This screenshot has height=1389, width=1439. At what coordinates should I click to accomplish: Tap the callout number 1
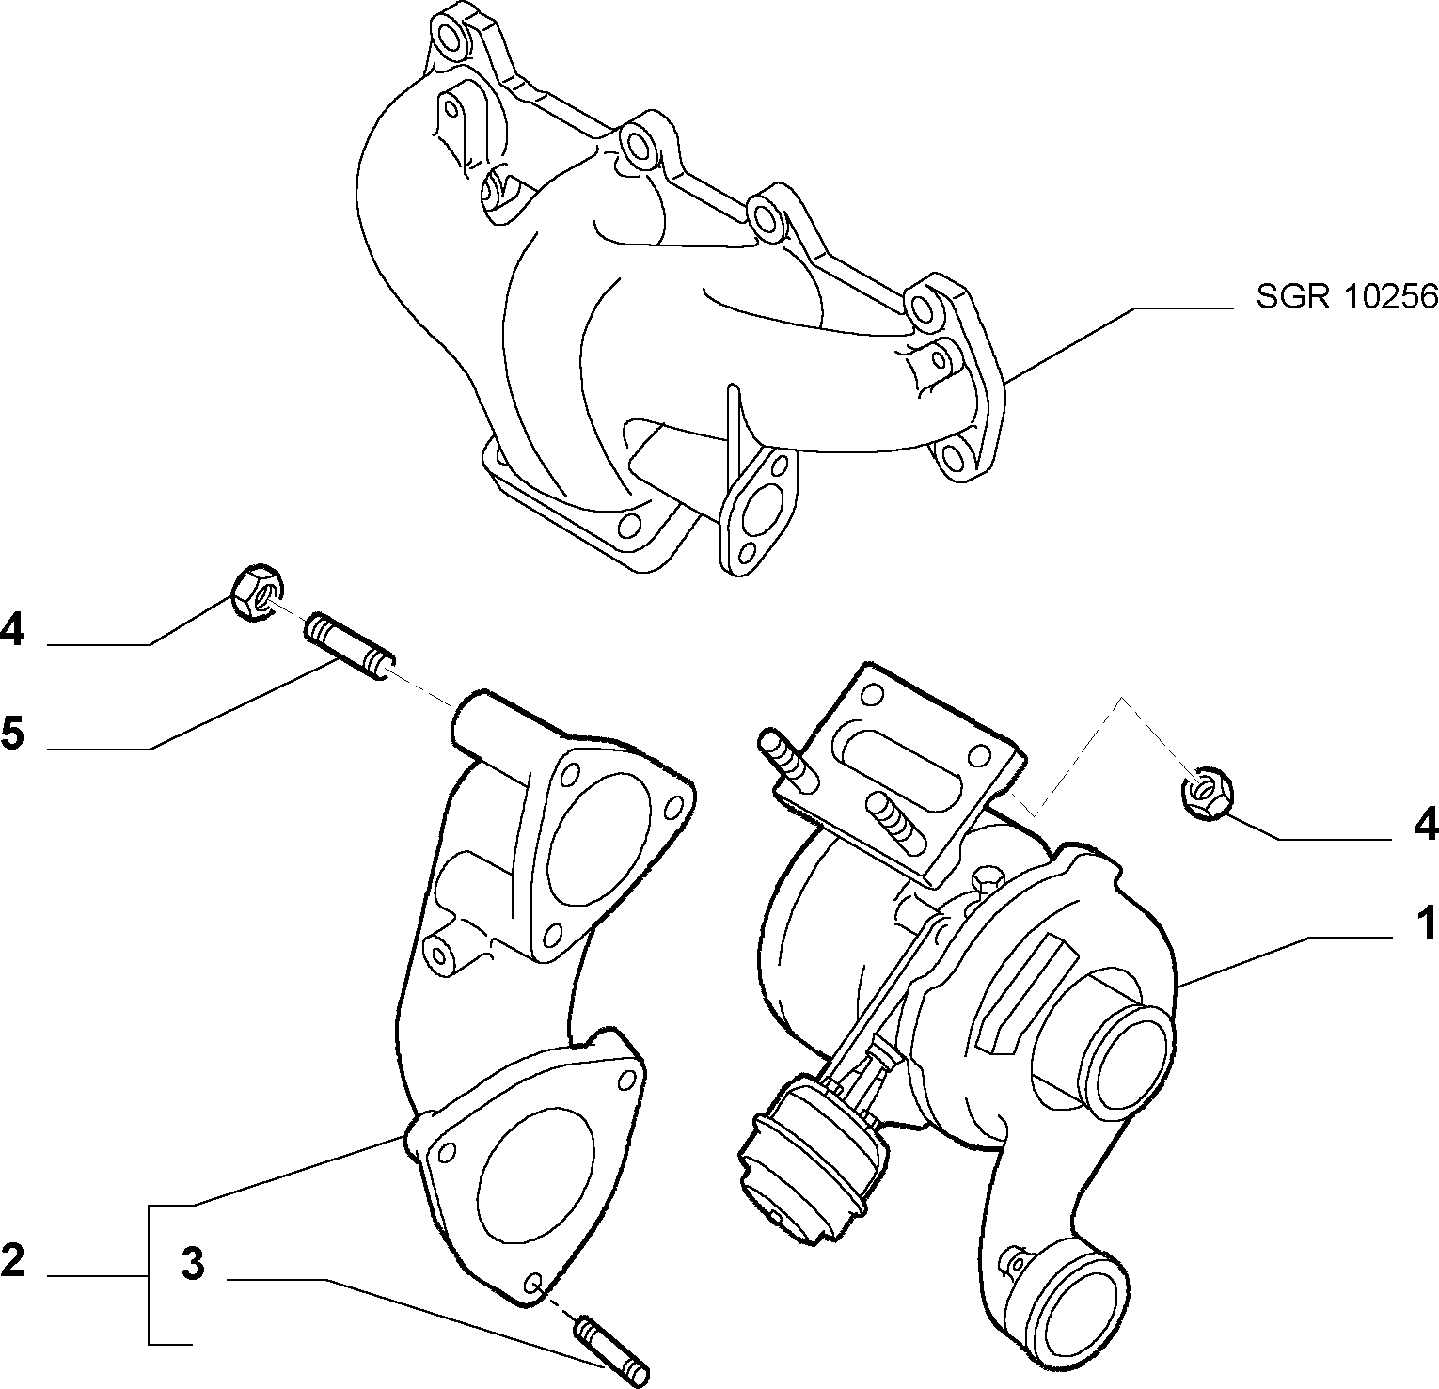[1427, 923]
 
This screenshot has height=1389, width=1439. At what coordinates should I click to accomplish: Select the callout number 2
[13, 1259]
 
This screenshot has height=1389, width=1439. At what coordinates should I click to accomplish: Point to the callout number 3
[193, 1264]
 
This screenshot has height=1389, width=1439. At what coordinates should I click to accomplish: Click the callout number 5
[13, 733]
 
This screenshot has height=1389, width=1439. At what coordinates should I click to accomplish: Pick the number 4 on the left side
[13, 629]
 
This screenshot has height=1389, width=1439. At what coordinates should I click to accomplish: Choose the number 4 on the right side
[1426, 824]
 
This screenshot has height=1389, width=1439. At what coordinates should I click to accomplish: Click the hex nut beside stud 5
[256, 592]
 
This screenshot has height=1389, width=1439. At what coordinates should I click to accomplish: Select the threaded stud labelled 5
[349, 644]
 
